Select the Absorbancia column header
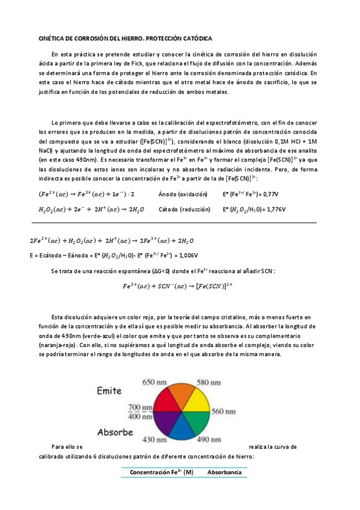[x=224, y=473]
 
